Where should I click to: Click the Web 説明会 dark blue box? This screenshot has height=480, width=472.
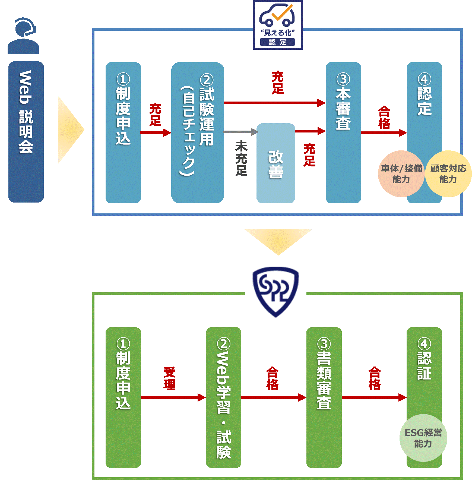[x=26, y=132]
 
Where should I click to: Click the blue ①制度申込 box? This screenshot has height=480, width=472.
[x=123, y=132]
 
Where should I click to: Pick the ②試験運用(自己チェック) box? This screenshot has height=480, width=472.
[x=198, y=132]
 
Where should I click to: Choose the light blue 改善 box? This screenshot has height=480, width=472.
[x=276, y=163]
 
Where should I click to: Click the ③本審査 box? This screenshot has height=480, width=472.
[x=343, y=132]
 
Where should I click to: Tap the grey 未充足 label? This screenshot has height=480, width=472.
[x=241, y=158]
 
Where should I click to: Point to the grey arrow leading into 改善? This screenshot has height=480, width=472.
[x=240, y=132]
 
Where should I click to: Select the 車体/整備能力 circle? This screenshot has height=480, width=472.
[x=401, y=174]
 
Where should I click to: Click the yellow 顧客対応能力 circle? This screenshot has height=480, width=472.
[x=448, y=174]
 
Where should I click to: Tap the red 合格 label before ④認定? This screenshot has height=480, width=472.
[x=384, y=118]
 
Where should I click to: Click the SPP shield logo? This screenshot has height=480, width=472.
[x=276, y=292]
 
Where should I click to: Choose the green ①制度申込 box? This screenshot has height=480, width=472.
[x=123, y=397]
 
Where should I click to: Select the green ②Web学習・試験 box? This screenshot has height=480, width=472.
[x=224, y=397]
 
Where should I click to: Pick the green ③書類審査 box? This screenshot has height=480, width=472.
[x=324, y=397]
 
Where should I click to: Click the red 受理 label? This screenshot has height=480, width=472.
[x=169, y=378]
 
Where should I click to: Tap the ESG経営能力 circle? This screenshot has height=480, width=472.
[x=423, y=438]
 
